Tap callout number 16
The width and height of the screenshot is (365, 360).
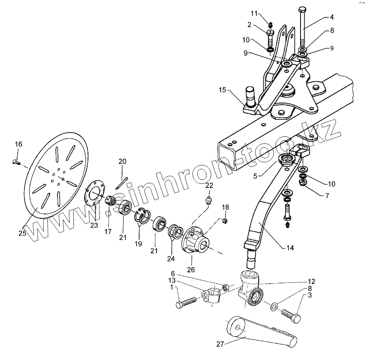click(19, 144)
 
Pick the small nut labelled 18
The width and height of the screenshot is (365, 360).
click(226, 221)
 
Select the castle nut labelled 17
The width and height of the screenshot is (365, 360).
click(110, 200)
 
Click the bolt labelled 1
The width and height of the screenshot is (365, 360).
click(187, 302)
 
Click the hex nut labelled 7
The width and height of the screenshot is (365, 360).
click(302, 183)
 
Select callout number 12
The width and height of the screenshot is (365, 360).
click(311, 281)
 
